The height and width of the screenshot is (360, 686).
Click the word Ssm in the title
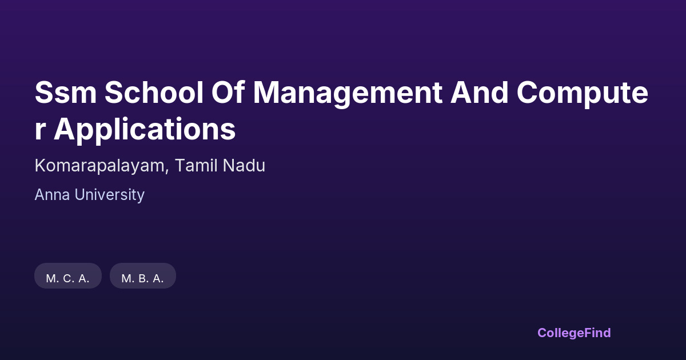66,92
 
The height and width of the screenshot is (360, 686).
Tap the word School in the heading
154,92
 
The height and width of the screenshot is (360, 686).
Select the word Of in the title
228,92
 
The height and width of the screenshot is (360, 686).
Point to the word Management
348,94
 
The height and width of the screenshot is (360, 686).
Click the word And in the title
479,92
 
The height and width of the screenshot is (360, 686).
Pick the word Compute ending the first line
583,94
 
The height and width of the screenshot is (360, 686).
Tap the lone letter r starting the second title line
39,130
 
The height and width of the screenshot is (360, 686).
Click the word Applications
145,131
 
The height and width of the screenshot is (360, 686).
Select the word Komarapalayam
99,166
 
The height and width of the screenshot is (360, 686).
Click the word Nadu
244,165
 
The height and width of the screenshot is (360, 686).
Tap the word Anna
53,195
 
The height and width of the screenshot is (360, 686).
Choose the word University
109,195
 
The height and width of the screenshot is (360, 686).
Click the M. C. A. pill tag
68,276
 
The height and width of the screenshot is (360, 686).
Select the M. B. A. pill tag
143,276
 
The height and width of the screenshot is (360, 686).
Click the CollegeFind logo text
574,333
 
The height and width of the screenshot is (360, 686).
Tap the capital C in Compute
528,92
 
